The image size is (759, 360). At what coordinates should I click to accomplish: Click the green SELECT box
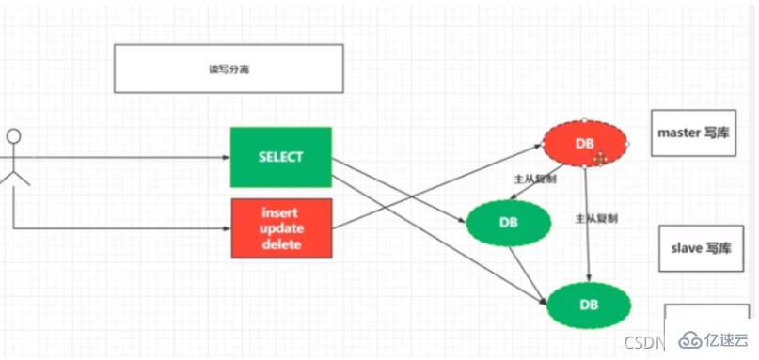[x=281, y=157]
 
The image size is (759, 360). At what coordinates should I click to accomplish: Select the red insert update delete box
[x=281, y=227]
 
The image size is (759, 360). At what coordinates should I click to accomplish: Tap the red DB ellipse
[x=585, y=144]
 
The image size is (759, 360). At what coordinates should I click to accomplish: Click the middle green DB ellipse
[x=508, y=222]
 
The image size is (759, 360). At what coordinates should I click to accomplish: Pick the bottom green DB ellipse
[x=588, y=305]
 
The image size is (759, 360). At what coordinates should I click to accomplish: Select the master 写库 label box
[x=692, y=133]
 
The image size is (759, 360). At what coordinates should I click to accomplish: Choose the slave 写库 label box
[x=698, y=248]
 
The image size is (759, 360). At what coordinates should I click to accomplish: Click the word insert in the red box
[x=281, y=211]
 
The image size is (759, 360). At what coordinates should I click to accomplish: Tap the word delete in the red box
[x=281, y=244]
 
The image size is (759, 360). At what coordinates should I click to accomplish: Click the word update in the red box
[x=281, y=227]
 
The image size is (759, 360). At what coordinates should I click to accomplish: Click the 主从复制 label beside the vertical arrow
[x=596, y=218]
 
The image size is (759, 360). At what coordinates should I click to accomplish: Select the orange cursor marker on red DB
[x=599, y=159]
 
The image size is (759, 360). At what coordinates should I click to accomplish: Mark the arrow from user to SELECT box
[x=122, y=157]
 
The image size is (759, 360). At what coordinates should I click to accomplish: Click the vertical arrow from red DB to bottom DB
[x=587, y=226]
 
